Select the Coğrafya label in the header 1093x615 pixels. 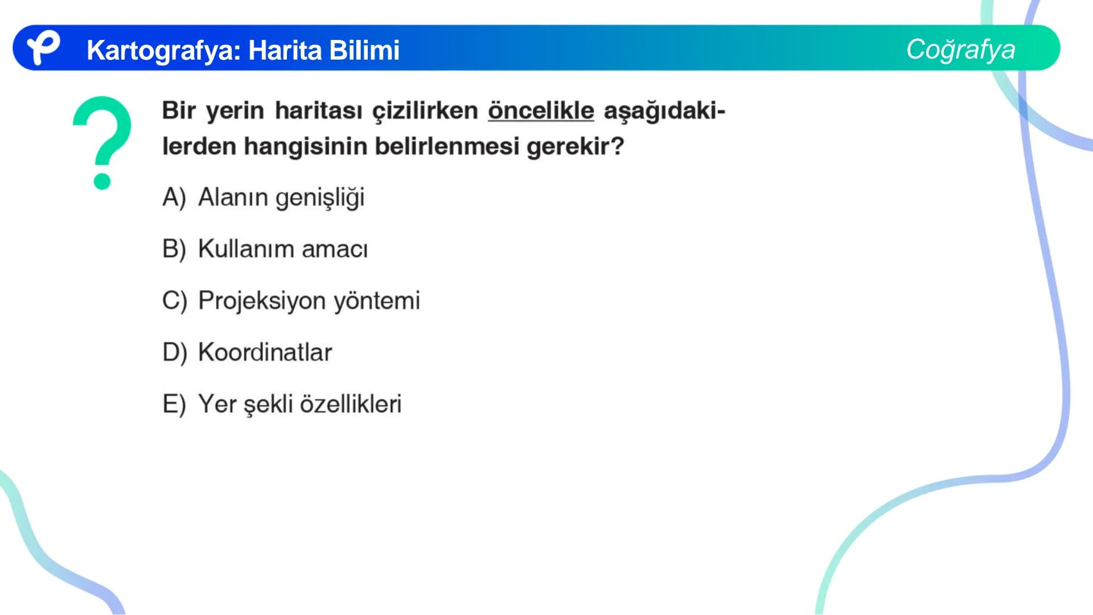coord(960,49)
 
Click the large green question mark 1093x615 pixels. coord(102,142)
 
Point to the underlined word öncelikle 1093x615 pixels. coord(540,110)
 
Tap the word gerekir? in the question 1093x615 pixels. coord(575,146)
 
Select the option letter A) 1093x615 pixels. coord(174,198)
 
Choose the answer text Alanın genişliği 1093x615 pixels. coord(281,198)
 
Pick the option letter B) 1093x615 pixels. coord(174,249)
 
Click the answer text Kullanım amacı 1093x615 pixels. coord(283,249)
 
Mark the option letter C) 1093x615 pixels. coord(174,301)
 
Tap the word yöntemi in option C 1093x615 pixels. coord(376,301)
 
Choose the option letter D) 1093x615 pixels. coord(174,352)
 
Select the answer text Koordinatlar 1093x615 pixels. coord(265,352)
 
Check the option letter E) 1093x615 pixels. coord(174,404)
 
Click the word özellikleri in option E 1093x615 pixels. coord(350,404)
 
